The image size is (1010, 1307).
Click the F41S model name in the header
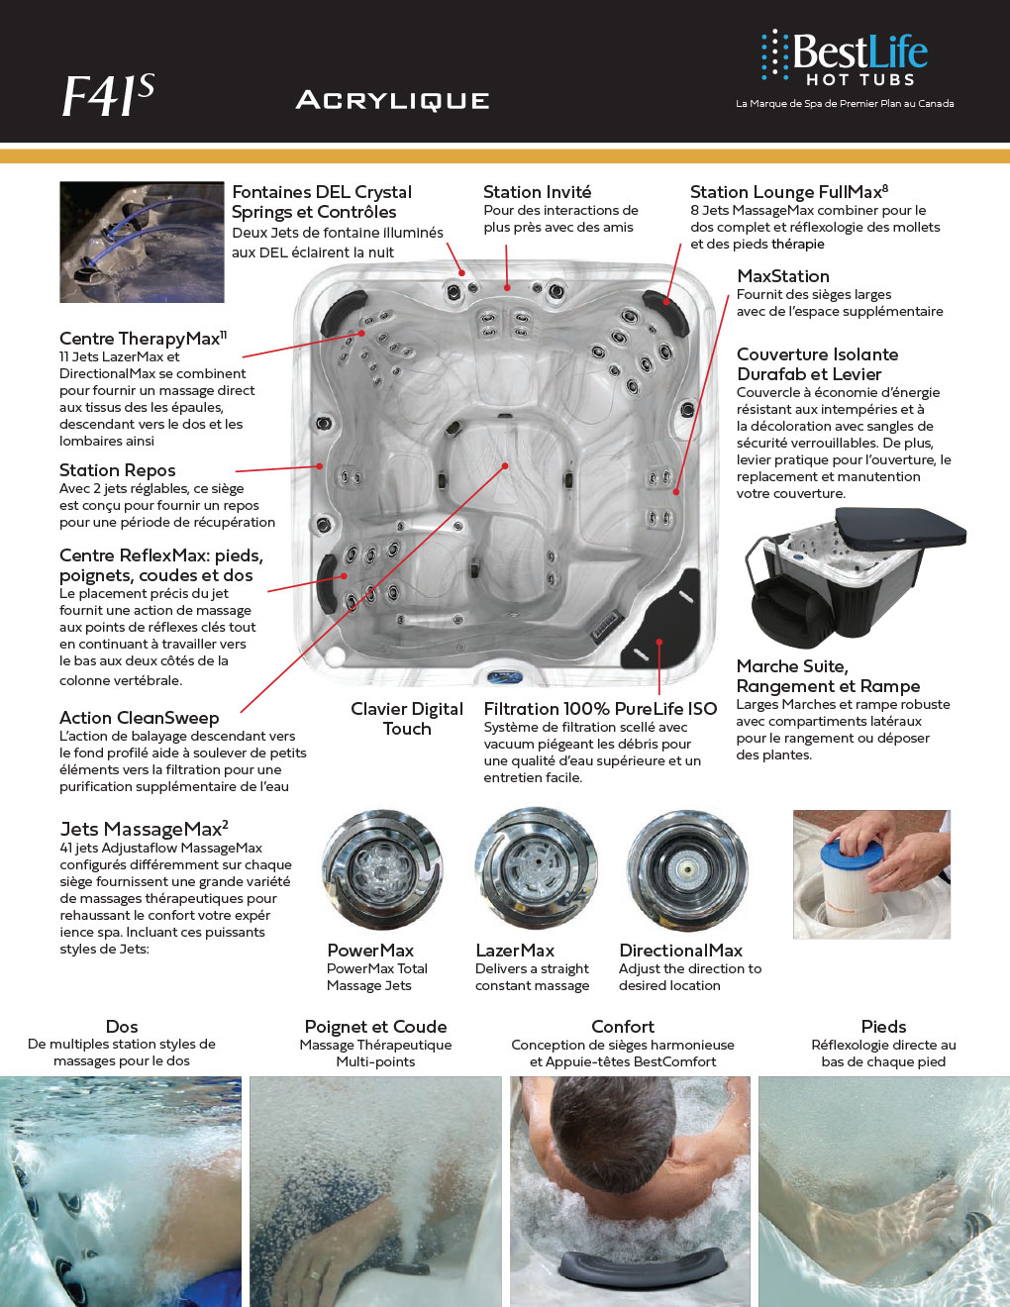tap(108, 96)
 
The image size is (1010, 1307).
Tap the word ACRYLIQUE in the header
tap(392, 100)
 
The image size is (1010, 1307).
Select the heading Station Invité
tap(537, 192)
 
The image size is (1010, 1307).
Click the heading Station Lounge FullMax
tap(788, 192)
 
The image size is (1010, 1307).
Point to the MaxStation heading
tap(783, 276)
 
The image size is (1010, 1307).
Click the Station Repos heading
tap(117, 470)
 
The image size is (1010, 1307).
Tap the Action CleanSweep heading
tap(139, 718)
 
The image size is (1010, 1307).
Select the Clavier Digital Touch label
tap(407, 718)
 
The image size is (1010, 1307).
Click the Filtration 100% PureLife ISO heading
tap(600, 709)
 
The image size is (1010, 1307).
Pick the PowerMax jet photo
tap(382, 868)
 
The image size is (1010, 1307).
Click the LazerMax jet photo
tap(535, 868)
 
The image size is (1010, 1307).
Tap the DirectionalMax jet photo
tap(687, 868)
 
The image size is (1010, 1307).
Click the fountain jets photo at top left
tap(142, 242)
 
